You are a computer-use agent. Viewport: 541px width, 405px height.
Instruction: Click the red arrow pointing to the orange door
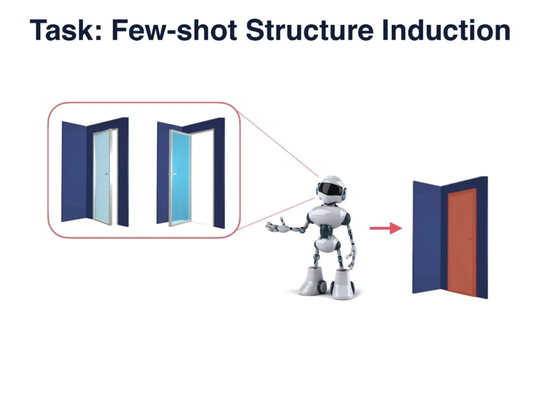click(385, 228)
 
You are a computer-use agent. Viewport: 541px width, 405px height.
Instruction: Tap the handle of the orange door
click(469, 239)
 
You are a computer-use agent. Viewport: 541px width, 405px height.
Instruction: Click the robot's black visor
click(331, 189)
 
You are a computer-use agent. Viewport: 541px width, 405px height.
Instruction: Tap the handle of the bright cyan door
click(173, 174)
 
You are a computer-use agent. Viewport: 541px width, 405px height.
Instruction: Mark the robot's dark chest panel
click(327, 230)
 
